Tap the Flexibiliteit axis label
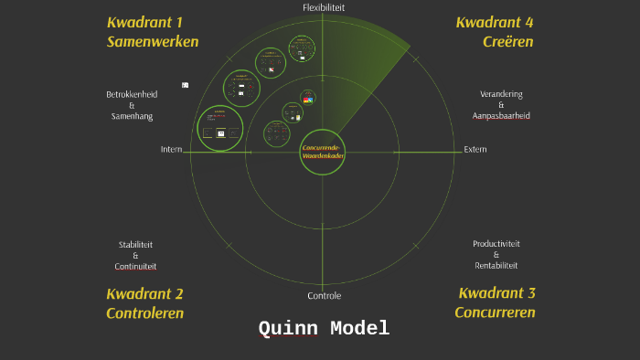[x=324, y=7]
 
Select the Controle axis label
[x=324, y=296]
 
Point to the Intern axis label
[x=171, y=150]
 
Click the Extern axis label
[x=475, y=150]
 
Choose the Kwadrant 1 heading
[x=144, y=22]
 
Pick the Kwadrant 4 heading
[x=495, y=22]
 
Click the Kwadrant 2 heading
[x=144, y=293]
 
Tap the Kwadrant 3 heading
[x=496, y=293]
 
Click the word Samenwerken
[x=152, y=42]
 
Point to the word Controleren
[x=144, y=313]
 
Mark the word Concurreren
[x=495, y=312]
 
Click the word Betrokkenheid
[x=133, y=94]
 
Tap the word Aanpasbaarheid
[x=501, y=116]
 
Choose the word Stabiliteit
[x=135, y=245]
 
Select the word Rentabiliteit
[x=496, y=265]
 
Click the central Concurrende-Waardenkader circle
[x=323, y=153]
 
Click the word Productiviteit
[x=496, y=244]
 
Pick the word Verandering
[x=501, y=94]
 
